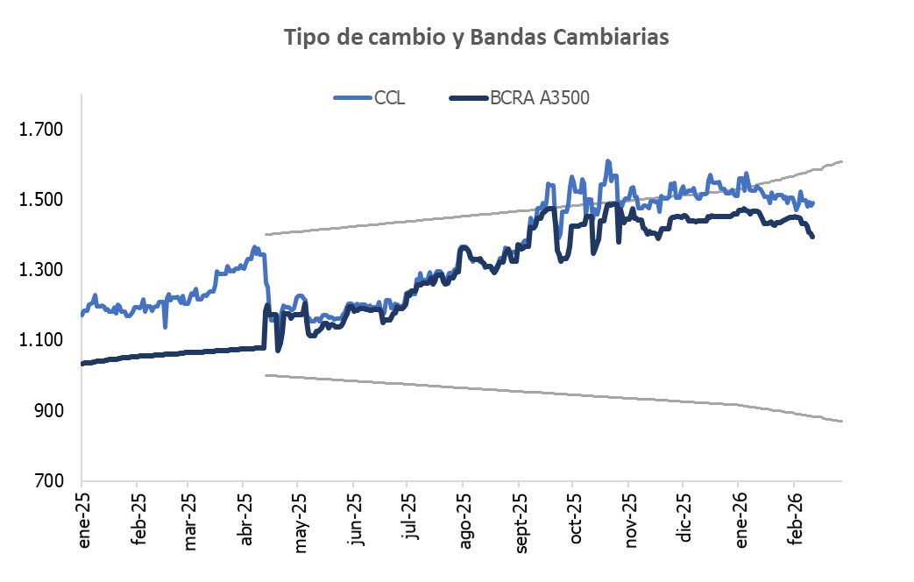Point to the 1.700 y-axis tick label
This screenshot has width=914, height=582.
pos(41,130)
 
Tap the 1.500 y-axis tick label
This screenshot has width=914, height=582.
pos(41,200)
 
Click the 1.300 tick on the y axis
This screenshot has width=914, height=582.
pos(41,270)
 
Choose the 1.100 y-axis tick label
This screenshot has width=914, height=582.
pos(41,340)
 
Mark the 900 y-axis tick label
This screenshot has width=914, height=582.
pos(49,410)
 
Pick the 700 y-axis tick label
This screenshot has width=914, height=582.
pos(49,480)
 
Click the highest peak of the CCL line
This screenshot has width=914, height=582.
pos(606,161)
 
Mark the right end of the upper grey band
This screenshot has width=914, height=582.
pos(841,161)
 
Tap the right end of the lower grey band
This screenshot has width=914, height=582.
pos(841,422)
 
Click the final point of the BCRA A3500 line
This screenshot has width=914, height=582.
pos(812,237)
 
